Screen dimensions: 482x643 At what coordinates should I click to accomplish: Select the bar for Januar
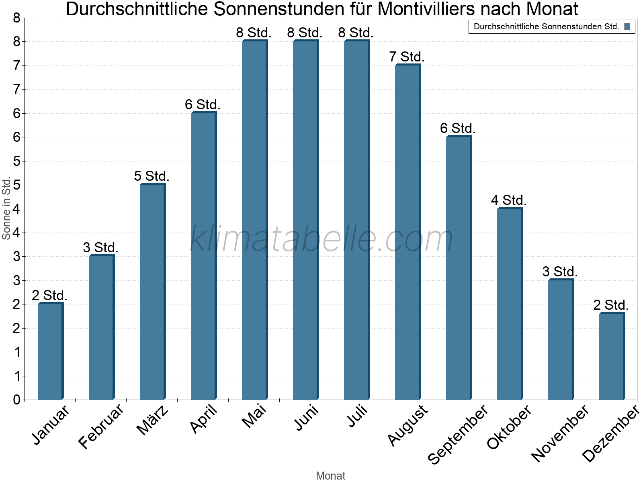50,351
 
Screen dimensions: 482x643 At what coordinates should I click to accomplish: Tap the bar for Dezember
612,356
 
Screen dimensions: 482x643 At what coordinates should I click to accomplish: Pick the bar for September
459,268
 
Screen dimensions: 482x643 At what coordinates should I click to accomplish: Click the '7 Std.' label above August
407,57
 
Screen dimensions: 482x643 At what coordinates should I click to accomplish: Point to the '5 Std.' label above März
152,176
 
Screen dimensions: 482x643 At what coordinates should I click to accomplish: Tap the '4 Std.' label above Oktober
509,200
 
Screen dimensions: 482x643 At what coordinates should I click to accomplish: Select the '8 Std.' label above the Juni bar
305,33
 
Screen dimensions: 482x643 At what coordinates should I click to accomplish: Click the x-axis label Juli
357,416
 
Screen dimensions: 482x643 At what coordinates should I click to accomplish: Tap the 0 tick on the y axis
16,400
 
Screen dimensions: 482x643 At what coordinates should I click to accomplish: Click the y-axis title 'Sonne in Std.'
6,208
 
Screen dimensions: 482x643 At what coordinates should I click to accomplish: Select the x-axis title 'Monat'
330,476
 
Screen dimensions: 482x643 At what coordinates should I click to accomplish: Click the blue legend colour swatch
627,27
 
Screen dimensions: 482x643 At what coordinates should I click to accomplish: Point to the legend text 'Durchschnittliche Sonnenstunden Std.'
546,27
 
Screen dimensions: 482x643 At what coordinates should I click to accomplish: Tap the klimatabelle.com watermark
321,239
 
